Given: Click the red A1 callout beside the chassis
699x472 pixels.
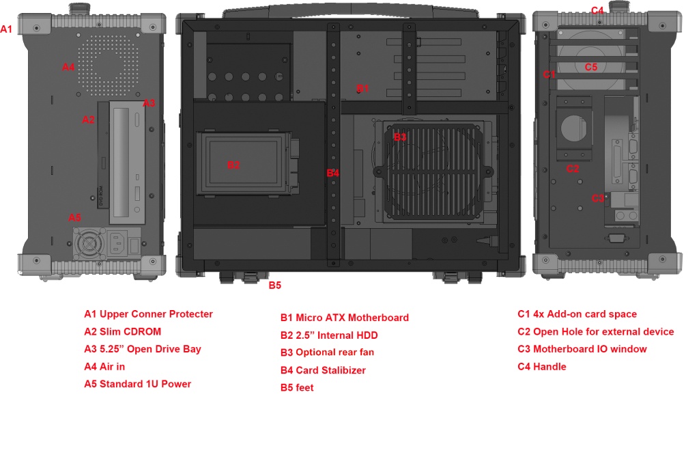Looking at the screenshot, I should [6, 29].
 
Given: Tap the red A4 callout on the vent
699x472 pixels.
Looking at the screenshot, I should [68, 67].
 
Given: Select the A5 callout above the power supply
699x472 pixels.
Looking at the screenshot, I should [75, 218].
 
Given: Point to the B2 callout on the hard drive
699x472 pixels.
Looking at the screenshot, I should [233, 165].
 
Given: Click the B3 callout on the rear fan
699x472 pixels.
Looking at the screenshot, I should [400, 137].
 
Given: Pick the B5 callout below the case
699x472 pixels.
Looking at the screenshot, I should [274, 286].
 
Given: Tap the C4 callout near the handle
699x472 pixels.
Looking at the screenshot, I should [597, 10].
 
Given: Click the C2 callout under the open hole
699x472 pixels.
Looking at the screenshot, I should [572, 168].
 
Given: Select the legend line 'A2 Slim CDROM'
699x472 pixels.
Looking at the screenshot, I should [123, 332].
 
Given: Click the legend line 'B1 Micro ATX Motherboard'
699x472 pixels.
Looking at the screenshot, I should [345, 318].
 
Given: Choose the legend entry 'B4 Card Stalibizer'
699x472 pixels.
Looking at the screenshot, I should [323, 370].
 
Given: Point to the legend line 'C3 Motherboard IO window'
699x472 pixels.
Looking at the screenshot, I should [582, 349].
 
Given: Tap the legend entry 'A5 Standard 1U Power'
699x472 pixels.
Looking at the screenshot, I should [137, 384].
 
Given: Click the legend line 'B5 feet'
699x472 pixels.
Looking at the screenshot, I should [297, 387].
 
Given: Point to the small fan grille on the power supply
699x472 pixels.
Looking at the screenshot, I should [89, 245].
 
